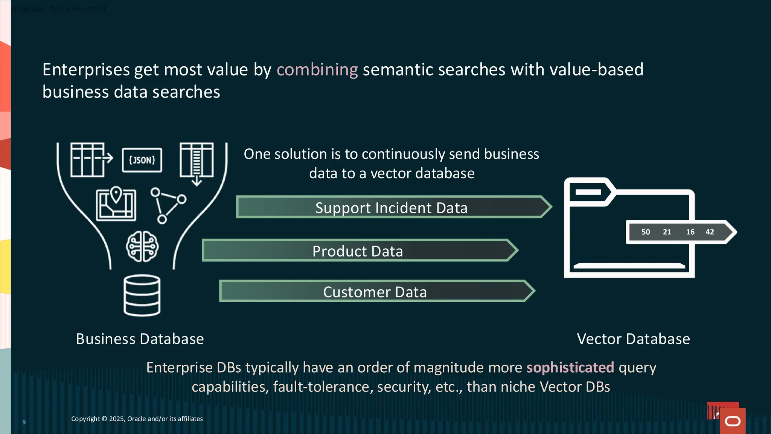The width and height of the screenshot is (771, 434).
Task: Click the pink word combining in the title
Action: tap(317, 70)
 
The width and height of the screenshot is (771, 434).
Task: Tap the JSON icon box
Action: tap(142, 160)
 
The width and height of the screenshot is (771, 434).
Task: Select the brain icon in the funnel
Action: tap(142, 246)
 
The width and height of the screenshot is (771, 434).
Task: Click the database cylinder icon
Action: tap(142, 295)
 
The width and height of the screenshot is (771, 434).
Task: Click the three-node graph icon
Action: tap(168, 205)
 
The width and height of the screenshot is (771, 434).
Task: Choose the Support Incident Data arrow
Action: tap(392, 207)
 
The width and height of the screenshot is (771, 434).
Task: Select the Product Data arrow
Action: tap(358, 251)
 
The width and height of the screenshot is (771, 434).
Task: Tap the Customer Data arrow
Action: tap(375, 292)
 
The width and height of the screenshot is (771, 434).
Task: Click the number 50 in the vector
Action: tap(646, 232)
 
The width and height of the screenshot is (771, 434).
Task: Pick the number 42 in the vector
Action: tap(710, 232)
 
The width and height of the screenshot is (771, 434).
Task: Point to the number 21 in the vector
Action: tap(667, 232)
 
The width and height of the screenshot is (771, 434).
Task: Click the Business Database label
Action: tap(140, 339)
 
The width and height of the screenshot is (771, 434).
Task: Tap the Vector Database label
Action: tap(633, 339)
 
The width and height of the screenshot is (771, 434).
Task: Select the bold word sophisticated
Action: tap(570, 367)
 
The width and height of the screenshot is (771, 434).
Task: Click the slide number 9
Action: tap(24, 422)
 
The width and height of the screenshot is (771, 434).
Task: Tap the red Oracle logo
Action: tap(732, 421)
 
